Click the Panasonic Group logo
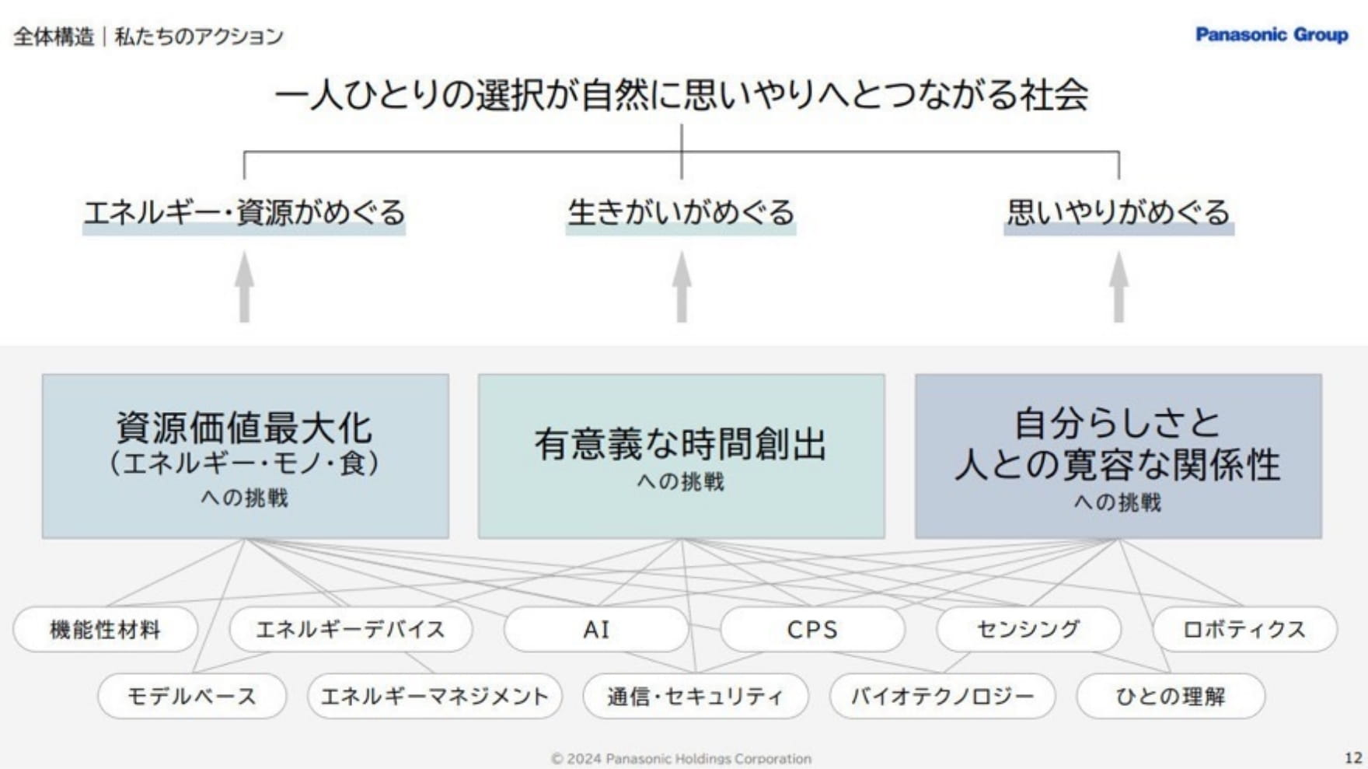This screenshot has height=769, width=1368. [x=1271, y=35]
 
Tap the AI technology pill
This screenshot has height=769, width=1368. [x=596, y=629]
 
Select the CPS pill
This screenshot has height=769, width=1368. [x=812, y=629]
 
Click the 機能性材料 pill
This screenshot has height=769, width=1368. [x=105, y=629]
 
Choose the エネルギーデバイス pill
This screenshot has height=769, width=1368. [x=351, y=629]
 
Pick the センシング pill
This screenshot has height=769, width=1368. [x=1028, y=629]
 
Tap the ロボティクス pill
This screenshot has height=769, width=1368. [x=1244, y=629]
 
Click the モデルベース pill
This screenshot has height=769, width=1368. [x=191, y=696]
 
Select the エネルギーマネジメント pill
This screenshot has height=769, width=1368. [x=434, y=696]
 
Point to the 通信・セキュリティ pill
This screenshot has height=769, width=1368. [x=695, y=696]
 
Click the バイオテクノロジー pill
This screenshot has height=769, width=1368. [x=942, y=696]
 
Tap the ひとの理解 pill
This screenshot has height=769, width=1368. [x=1171, y=696]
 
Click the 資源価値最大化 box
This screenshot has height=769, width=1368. [x=245, y=456]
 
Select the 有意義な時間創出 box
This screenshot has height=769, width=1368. [x=681, y=456]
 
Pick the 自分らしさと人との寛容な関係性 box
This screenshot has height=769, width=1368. [x=1118, y=456]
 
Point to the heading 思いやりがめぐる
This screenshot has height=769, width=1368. [x=1118, y=212]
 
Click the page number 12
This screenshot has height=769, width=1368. [x=1353, y=757]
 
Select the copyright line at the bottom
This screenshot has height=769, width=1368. [x=681, y=758]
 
